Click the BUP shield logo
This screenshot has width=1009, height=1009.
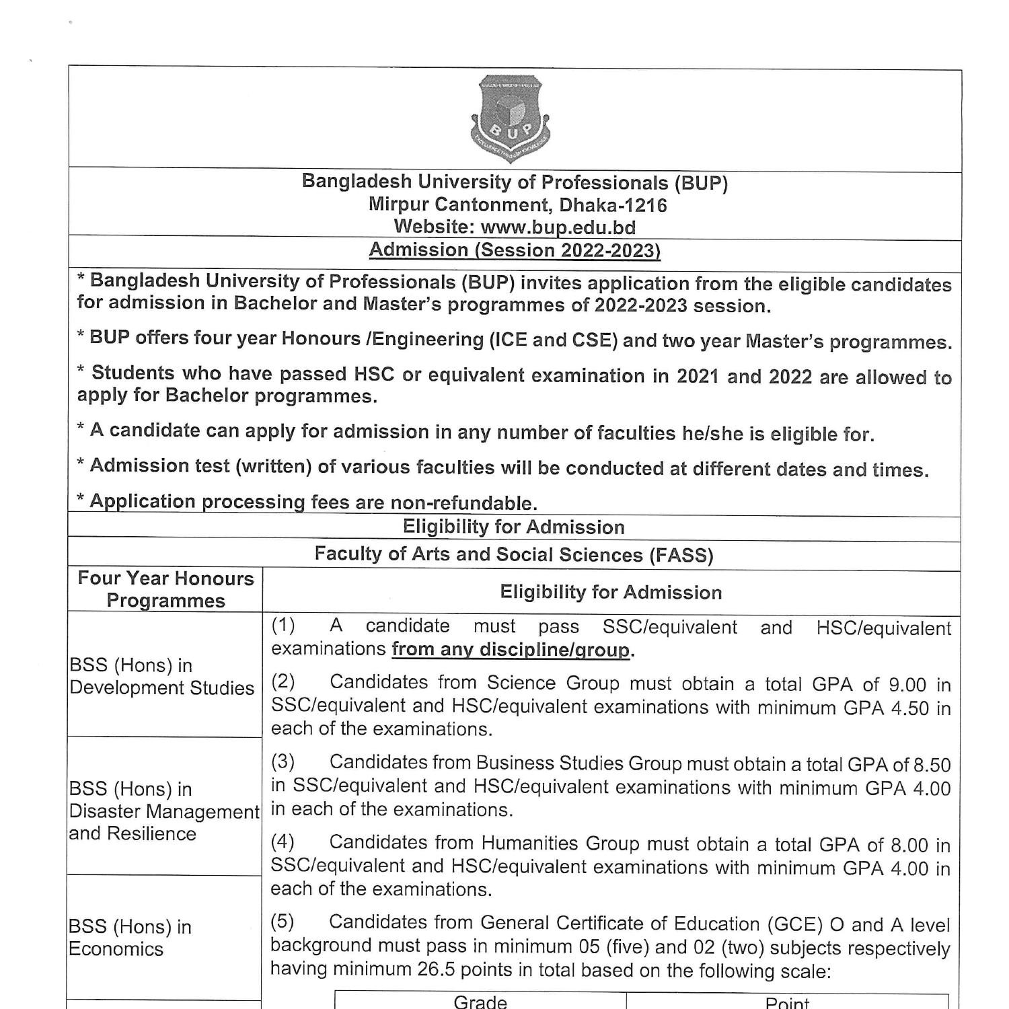pos(511,120)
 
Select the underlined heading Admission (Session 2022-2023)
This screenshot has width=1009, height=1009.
pos(515,250)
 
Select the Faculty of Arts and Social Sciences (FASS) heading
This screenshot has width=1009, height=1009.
pos(514,555)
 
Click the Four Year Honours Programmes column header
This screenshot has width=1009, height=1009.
pos(165,589)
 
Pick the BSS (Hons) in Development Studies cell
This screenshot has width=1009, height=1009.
pos(162,676)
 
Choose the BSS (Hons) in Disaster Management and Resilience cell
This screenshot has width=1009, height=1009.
pos(164,811)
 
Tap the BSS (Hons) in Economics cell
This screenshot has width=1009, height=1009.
pos(130,938)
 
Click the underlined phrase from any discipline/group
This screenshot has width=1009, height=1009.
pos(511,650)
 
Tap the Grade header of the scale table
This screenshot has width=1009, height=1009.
pos(480,1002)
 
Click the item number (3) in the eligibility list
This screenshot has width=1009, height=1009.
pos(283,762)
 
